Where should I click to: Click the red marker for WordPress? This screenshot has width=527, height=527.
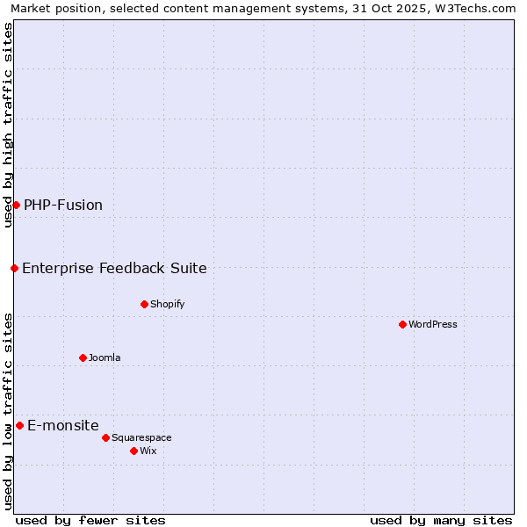tap(402, 324)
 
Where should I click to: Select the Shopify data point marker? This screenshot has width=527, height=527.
tap(144, 304)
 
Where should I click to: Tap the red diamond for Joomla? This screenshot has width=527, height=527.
tap(83, 357)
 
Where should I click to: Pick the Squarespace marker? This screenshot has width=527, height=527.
tap(105, 437)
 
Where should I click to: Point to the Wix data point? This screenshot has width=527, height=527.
tap(134, 451)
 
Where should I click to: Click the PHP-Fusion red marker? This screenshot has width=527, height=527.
tap(16, 205)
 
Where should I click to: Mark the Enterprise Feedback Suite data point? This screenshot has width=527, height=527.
tap(14, 268)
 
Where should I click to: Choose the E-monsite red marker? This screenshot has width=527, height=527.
tap(19, 425)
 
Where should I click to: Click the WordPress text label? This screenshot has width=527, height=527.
tap(433, 324)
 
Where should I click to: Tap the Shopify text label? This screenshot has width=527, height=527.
tap(167, 304)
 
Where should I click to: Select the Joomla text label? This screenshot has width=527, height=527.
tap(105, 357)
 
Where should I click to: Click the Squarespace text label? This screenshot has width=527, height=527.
tap(141, 437)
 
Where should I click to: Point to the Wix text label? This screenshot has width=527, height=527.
tap(148, 451)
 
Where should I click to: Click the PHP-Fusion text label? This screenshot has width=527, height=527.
tap(63, 205)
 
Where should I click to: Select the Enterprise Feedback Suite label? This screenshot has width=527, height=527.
tap(114, 268)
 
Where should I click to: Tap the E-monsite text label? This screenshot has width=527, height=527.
tap(63, 425)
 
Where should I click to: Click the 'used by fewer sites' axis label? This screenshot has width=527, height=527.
tap(90, 520)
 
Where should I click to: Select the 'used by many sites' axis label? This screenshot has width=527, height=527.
tap(441, 520)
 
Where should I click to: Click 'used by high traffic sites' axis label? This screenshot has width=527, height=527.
tap(8, 125)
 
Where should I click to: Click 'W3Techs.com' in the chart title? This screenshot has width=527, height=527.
tap(472, 8)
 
